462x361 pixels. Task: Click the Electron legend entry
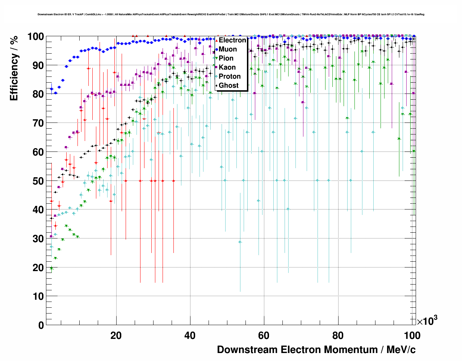coord(232,40)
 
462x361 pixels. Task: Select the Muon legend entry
coord(228,49)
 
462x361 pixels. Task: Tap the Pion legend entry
coord(226,58)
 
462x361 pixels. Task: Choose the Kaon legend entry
coord(227,67)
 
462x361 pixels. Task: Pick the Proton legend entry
coord(230,76)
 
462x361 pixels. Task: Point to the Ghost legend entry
coord(228,86)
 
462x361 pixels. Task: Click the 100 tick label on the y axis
coord(35,37)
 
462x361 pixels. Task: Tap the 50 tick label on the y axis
coord(38,181)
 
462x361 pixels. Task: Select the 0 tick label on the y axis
coord(41,325)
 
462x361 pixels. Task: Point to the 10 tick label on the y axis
coord(38,296)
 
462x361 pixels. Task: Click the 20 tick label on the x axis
coord(116,335)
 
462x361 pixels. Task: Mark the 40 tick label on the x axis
coord(190,335)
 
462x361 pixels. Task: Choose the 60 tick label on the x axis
coord(264,335)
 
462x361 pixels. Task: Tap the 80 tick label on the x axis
coord(337,335)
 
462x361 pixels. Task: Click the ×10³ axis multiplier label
coord(427,321)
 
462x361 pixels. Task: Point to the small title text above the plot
coord(231,14)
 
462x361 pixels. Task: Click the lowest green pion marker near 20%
coord(51,268)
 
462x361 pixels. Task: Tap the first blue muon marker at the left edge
coord(51,89)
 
